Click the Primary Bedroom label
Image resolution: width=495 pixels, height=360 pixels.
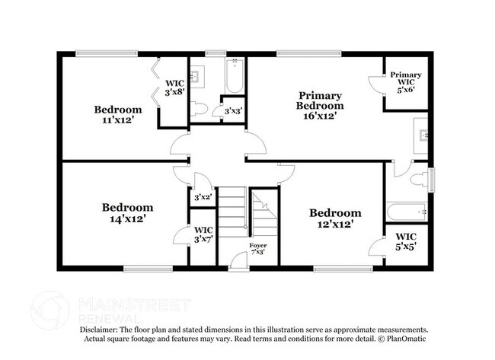click(x=319, y=100)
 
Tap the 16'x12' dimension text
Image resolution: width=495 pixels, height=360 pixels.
click(x=319, y=116)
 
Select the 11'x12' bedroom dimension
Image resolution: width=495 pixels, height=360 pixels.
click(x=117, y=119)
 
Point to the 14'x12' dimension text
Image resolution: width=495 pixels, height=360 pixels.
click(x=128, y=218)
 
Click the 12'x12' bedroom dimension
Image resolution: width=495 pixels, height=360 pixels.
click(x=335, y=224)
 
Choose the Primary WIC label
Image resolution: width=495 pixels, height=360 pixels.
click(x=406, y=79)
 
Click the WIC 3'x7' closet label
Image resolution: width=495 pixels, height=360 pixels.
click(x=203, y=234)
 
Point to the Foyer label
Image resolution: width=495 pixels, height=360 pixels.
click(x=257, y=248)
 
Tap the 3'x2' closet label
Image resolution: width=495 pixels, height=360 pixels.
click(x=202, y=197)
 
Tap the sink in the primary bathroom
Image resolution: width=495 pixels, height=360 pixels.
click(x=423, y=136)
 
